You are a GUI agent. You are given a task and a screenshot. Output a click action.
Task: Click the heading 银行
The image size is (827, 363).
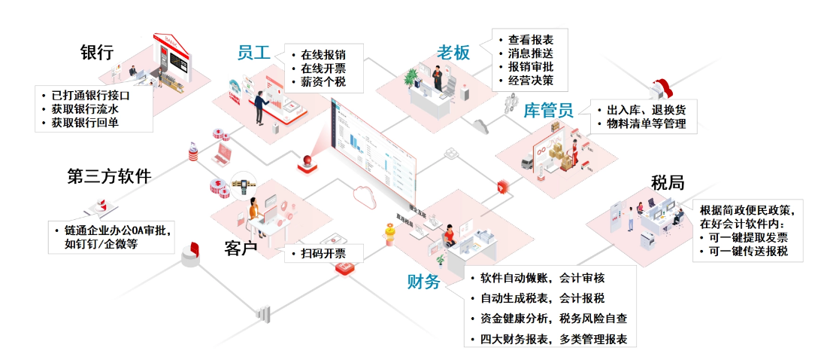pyautogui.click(x=96, y=53)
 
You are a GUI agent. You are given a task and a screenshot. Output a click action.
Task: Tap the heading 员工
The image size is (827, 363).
pyautogui.click(x=253, y=52)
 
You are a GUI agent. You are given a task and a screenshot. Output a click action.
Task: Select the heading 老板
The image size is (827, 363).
pyautogui.click(x=453, y=53)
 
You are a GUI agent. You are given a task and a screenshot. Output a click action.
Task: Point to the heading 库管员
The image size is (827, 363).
pyautogui.click(x=548, y=111)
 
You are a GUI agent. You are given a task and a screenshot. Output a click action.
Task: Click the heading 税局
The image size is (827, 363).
pyautogui.click(x=668, y=183)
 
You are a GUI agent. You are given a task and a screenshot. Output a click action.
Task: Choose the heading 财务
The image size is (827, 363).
pyautogui.click(x=423, y=282)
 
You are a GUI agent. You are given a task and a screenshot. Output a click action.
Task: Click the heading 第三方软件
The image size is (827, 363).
pyautogui.click(x=109, y=177)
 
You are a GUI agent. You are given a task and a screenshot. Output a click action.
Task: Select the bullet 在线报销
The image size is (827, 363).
pyautogui.click(x=323, y=54)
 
